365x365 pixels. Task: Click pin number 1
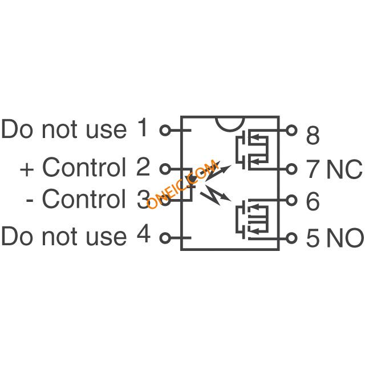(143, 128)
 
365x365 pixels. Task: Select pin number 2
(143, 167)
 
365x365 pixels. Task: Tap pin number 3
(143, 199)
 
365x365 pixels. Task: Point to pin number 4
(143, 236)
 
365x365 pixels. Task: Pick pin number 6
(313, 201)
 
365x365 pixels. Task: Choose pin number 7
(313, 169)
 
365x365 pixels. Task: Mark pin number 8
(313, 136)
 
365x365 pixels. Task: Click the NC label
(344, 169)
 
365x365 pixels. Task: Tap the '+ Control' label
(73, 167)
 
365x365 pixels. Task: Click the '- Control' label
(76, 199)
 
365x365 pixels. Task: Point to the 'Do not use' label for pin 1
(63, 129)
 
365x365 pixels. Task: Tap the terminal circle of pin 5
(293, 237)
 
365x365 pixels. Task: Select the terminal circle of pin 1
(165, 131)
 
